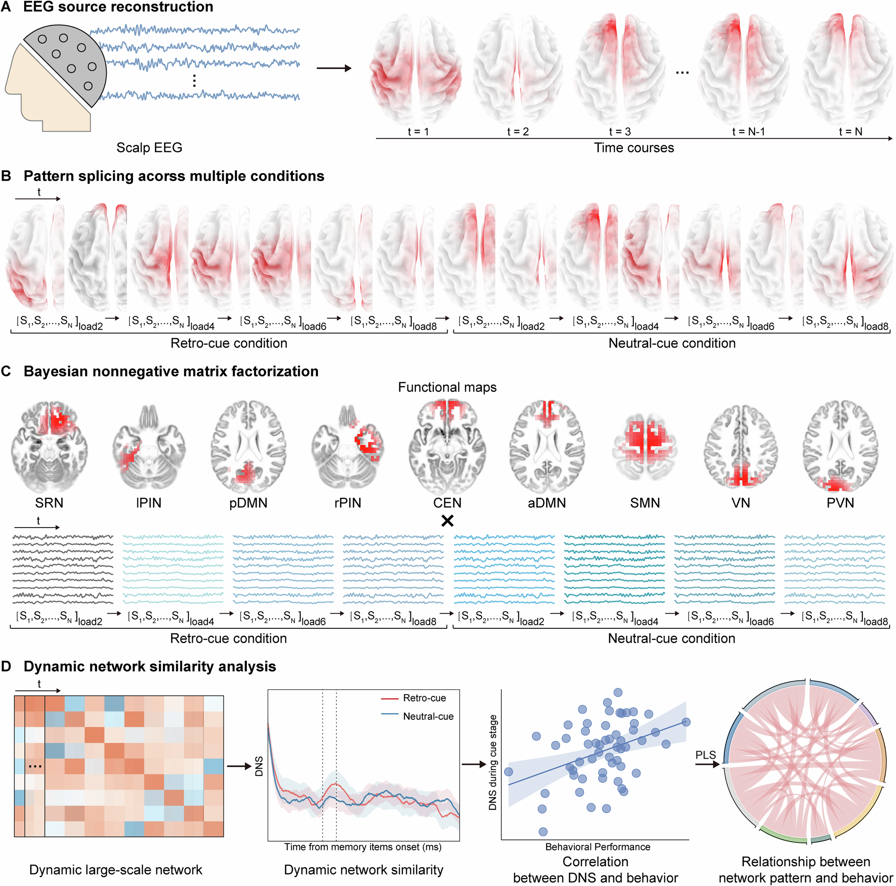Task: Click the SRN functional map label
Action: tap(49, 503)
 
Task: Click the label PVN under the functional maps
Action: tap(840, 503)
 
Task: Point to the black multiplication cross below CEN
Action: tap(447, 521)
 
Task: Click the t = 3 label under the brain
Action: tap(620, 132)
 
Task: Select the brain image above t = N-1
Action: tap(743, 69)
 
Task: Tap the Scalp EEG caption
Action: tap(149, 147)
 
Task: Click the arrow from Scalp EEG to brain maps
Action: tap(333, 69)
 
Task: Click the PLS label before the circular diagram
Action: tap(706, 755)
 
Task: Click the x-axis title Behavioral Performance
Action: tap(597, 847)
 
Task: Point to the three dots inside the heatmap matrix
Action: tap(35, 766)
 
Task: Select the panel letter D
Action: tap(6, 666)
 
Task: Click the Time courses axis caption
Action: tap(633, 147)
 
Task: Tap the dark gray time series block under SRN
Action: tap(63, 568)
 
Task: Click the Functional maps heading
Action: tap(447, 387)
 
